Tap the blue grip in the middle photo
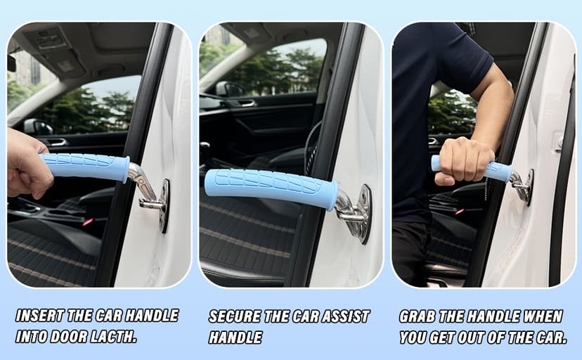[x=271, y=188]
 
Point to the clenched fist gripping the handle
[x=463, y=160]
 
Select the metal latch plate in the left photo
[x=163, y=204]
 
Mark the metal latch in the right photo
[x=524, y=186]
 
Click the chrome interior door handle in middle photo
[x=246, y=103]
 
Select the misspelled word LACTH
[x=112, y=336]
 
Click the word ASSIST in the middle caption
[x=342, y=316]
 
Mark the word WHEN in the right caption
[x=545, y=316]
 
